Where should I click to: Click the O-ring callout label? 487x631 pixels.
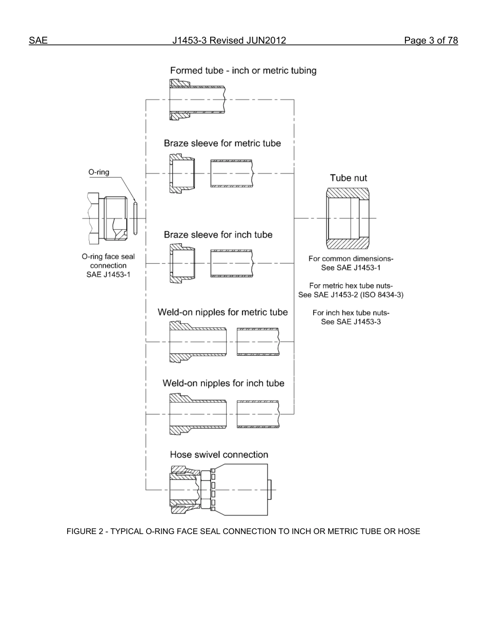(x=98, y=172)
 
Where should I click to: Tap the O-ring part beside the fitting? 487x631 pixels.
(x=135, y=219)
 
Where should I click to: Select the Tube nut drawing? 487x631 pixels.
(x=347, y=219)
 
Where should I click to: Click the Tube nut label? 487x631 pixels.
(x=348, y=178)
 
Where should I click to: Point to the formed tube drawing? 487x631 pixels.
(x=197, y=100)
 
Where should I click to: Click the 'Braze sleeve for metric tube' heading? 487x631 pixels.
(x=222, y=143)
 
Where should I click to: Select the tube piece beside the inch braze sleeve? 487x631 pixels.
(x=232, y=263)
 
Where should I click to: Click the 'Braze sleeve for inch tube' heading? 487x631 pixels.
(x=218, y=235)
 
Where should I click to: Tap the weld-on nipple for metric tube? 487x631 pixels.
(x=198, y=342)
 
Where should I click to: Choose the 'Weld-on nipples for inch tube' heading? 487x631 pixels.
(x=223, y=383)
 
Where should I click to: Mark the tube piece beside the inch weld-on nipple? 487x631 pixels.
(x=258, y=413)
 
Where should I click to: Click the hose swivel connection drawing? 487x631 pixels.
(x=220, y=489)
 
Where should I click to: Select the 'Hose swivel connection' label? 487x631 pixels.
(x=219, y=455)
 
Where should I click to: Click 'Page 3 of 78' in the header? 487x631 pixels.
(x=431, y=41)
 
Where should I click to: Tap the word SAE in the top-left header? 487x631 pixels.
(x=38, y=41)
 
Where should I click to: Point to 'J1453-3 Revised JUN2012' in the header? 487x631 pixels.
(x=229, y=41)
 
